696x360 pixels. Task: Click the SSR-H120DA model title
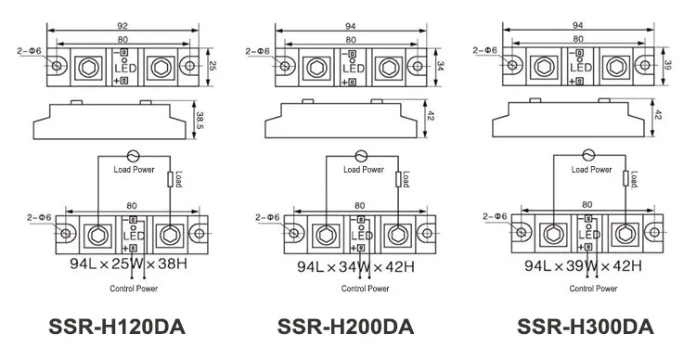pyautogui.click(x=117, y=328)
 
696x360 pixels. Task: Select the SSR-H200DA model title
pyautogui.click(x=345, y=328)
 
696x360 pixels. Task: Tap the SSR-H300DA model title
pyautogui.click(x=586, y=328)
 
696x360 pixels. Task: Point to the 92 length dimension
pyautogui.click(x=122, y=26)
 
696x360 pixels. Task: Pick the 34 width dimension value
pyautogui.click(x=440, y=67)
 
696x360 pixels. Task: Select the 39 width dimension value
pyautogui.click(x=667, y=65)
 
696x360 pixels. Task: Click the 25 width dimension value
pyautogui.click(x=213, y=67)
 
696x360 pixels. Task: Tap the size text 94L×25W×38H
pyautogui.click(x=128, y=264)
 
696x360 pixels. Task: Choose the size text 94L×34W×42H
pyautogui.click(x=356, y=267)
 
